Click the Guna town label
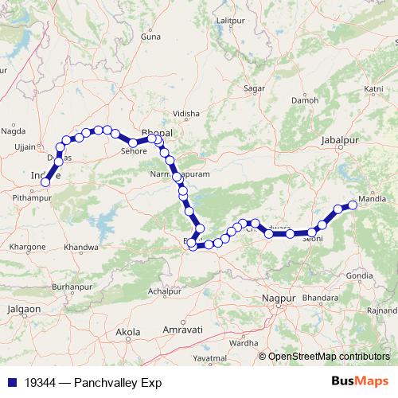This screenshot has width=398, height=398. click(150, 37)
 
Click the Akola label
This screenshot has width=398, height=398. click(128, 330)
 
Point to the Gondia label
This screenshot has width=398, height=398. click(360, 275)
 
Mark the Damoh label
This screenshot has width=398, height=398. click(305, 101)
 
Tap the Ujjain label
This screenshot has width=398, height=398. click(25, 147)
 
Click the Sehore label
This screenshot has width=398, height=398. click(134, 150)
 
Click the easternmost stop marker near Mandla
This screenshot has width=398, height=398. click(353, 205)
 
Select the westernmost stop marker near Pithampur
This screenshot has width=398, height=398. click(45, 182)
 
